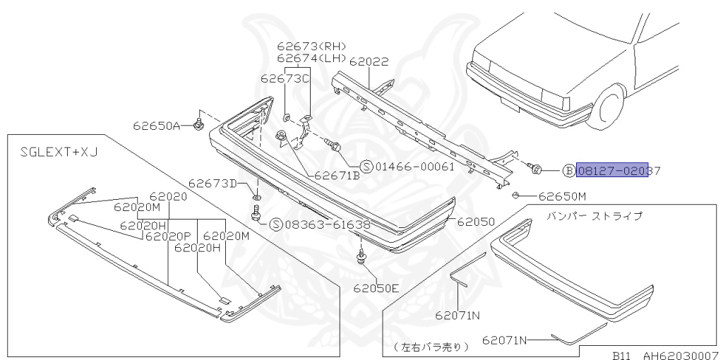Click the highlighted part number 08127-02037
[612, 170]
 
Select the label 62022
[369, 62]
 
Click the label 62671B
[337, 176]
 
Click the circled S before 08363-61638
[276, 224]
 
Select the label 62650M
[562, 196]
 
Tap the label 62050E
[376, 288]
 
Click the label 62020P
[169, 236]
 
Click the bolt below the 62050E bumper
[362, 257]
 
